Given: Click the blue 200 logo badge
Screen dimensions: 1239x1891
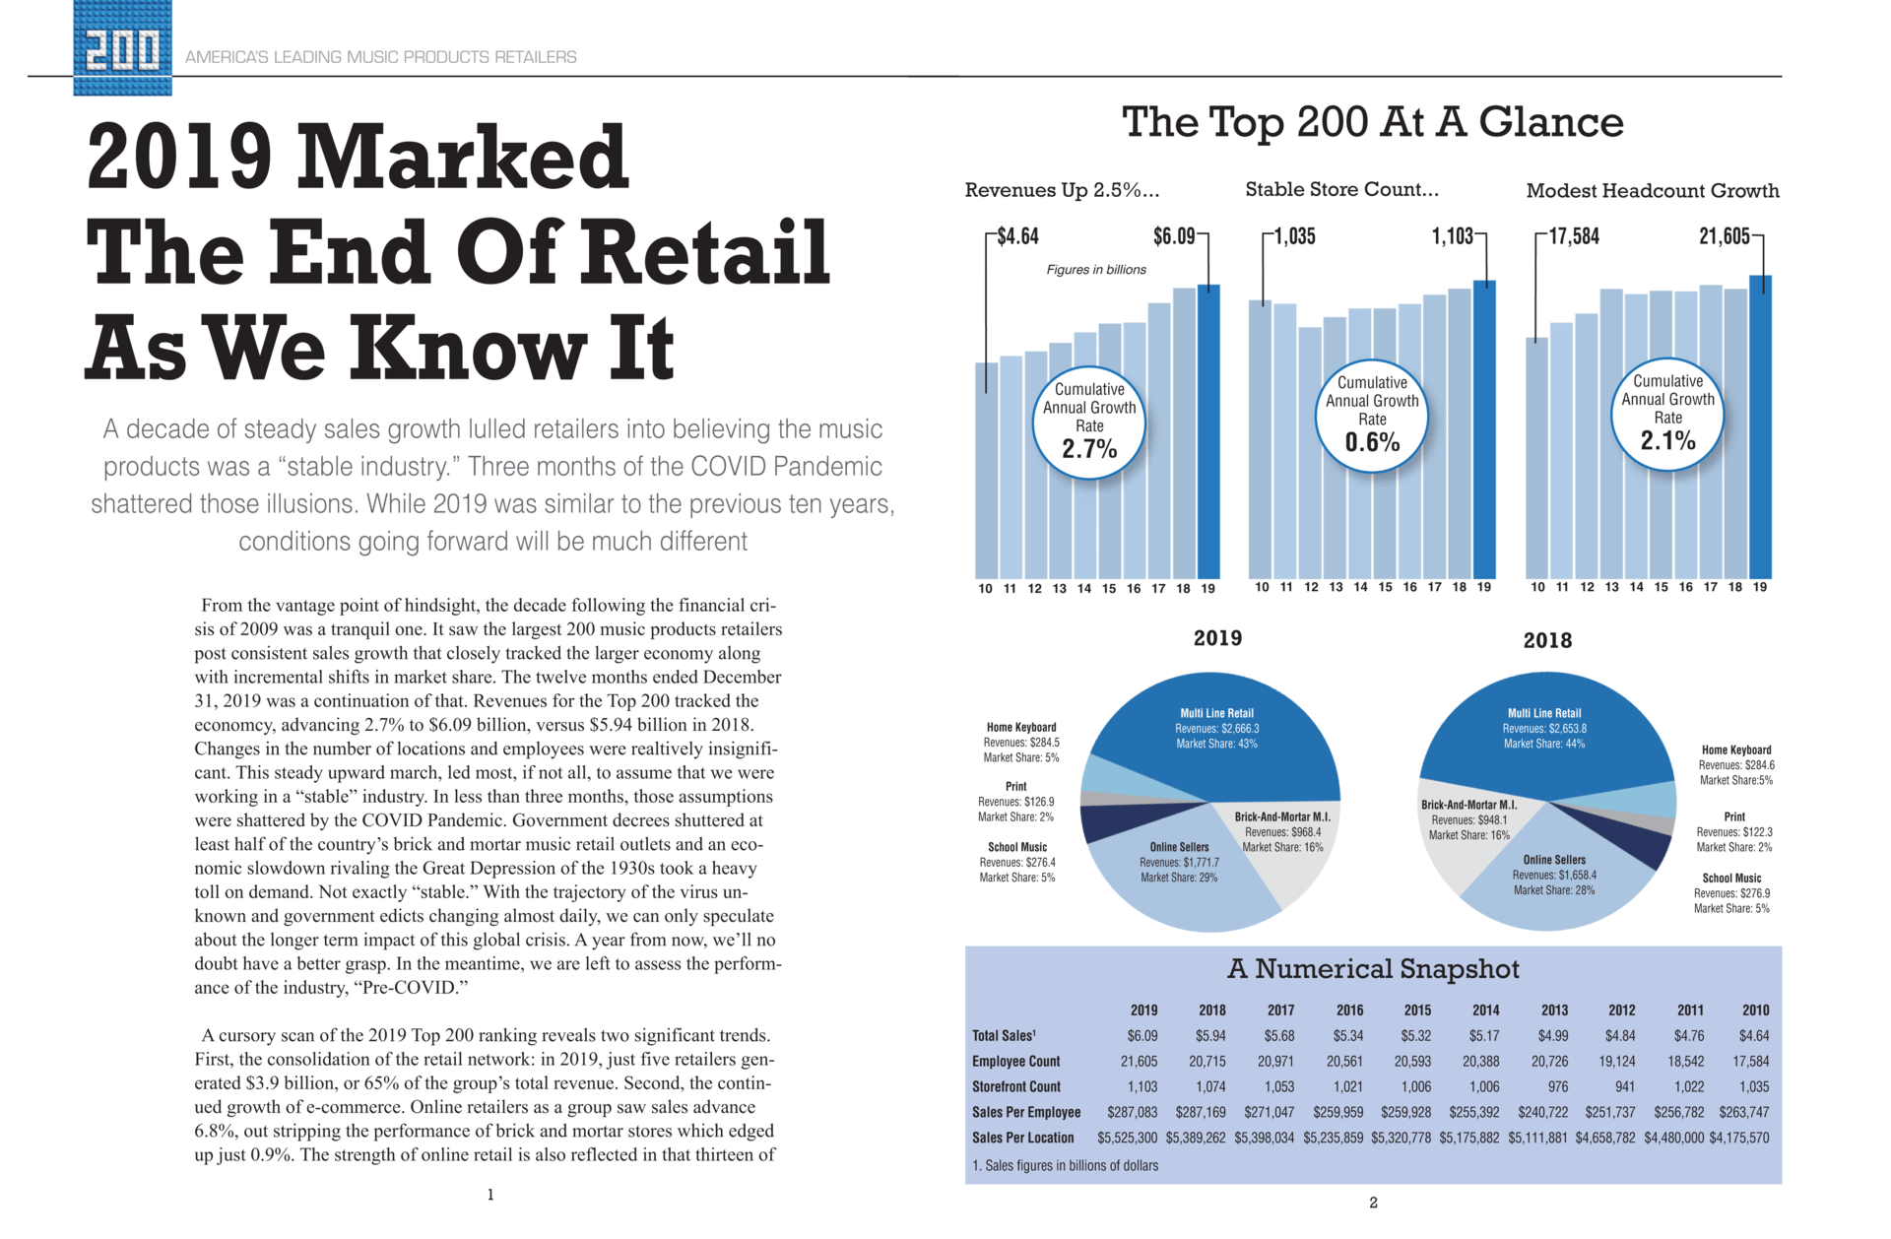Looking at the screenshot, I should click(x=122, y=47).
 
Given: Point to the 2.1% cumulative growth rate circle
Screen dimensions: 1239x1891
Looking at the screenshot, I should click(x=1667, y=415).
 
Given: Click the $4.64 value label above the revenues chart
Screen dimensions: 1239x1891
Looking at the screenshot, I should click(x=1017, y=236).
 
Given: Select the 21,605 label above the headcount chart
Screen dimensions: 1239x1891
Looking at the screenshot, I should click(x=1724, y=236).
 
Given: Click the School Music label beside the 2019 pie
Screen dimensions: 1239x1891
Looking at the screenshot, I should click(x=1016, y=847).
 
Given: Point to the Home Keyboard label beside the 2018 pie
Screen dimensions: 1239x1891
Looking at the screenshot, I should click(x=1735, y=750).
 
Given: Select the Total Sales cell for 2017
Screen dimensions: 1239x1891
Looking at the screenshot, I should click(x=1279, y=1036).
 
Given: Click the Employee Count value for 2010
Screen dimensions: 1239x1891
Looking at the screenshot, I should click(x=1750, y=1062).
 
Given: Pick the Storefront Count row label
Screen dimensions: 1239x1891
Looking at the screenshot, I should click(x=1015, y=1087).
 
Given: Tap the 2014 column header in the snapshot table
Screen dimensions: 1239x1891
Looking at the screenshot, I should click(x=1485, y=1011).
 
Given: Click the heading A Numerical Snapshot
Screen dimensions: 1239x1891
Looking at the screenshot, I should click(x=1373, y=969).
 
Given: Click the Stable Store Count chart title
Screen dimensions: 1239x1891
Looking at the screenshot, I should click(x=1341, y=189).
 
